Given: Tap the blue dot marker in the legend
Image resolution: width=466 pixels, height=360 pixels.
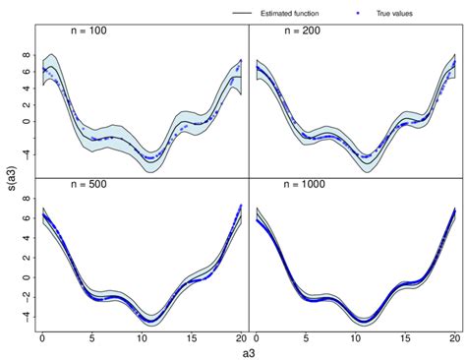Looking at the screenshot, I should pyautogui.click(x=355, y=13).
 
